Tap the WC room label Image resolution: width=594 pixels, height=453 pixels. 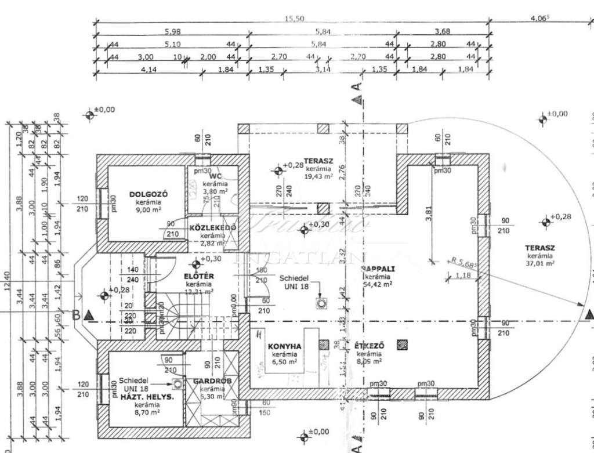coord(216,176)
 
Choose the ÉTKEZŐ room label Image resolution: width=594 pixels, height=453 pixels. coord(369,346)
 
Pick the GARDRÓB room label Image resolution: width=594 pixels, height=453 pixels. coord(208,381)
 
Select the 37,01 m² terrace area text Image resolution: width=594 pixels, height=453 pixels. coord(540,263)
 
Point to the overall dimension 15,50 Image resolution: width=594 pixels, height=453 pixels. coord(294,19)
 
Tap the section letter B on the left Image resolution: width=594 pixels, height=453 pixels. coord(75,315)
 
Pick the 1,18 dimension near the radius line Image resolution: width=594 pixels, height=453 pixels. coord(463,275)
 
